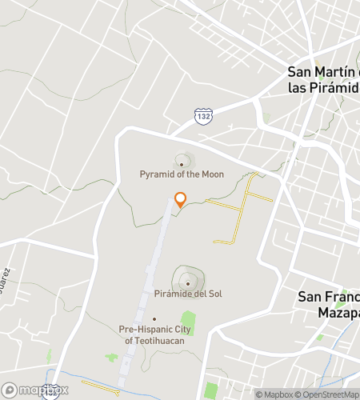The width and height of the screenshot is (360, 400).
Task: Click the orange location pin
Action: (180, 200)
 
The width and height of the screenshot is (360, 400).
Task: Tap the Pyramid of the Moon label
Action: (182, 174)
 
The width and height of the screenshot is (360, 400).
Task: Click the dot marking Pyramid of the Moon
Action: (182, 164)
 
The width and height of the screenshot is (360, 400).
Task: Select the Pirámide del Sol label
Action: (188, 294)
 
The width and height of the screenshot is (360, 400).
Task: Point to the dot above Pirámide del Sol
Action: (188, 282)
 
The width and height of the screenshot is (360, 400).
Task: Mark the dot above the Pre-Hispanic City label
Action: (154, 318)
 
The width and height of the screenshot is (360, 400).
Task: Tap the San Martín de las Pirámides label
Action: (323, 79)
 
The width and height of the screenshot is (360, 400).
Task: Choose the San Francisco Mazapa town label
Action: (328, 304)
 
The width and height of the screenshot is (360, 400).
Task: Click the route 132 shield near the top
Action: (203, 117)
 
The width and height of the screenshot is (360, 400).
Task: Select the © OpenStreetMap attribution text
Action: (328, 394)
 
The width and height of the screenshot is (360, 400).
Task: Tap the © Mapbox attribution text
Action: (274, 394)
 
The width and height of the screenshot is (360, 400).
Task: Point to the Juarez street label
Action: (6, 282)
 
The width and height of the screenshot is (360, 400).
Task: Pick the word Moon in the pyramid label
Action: (211, 174)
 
